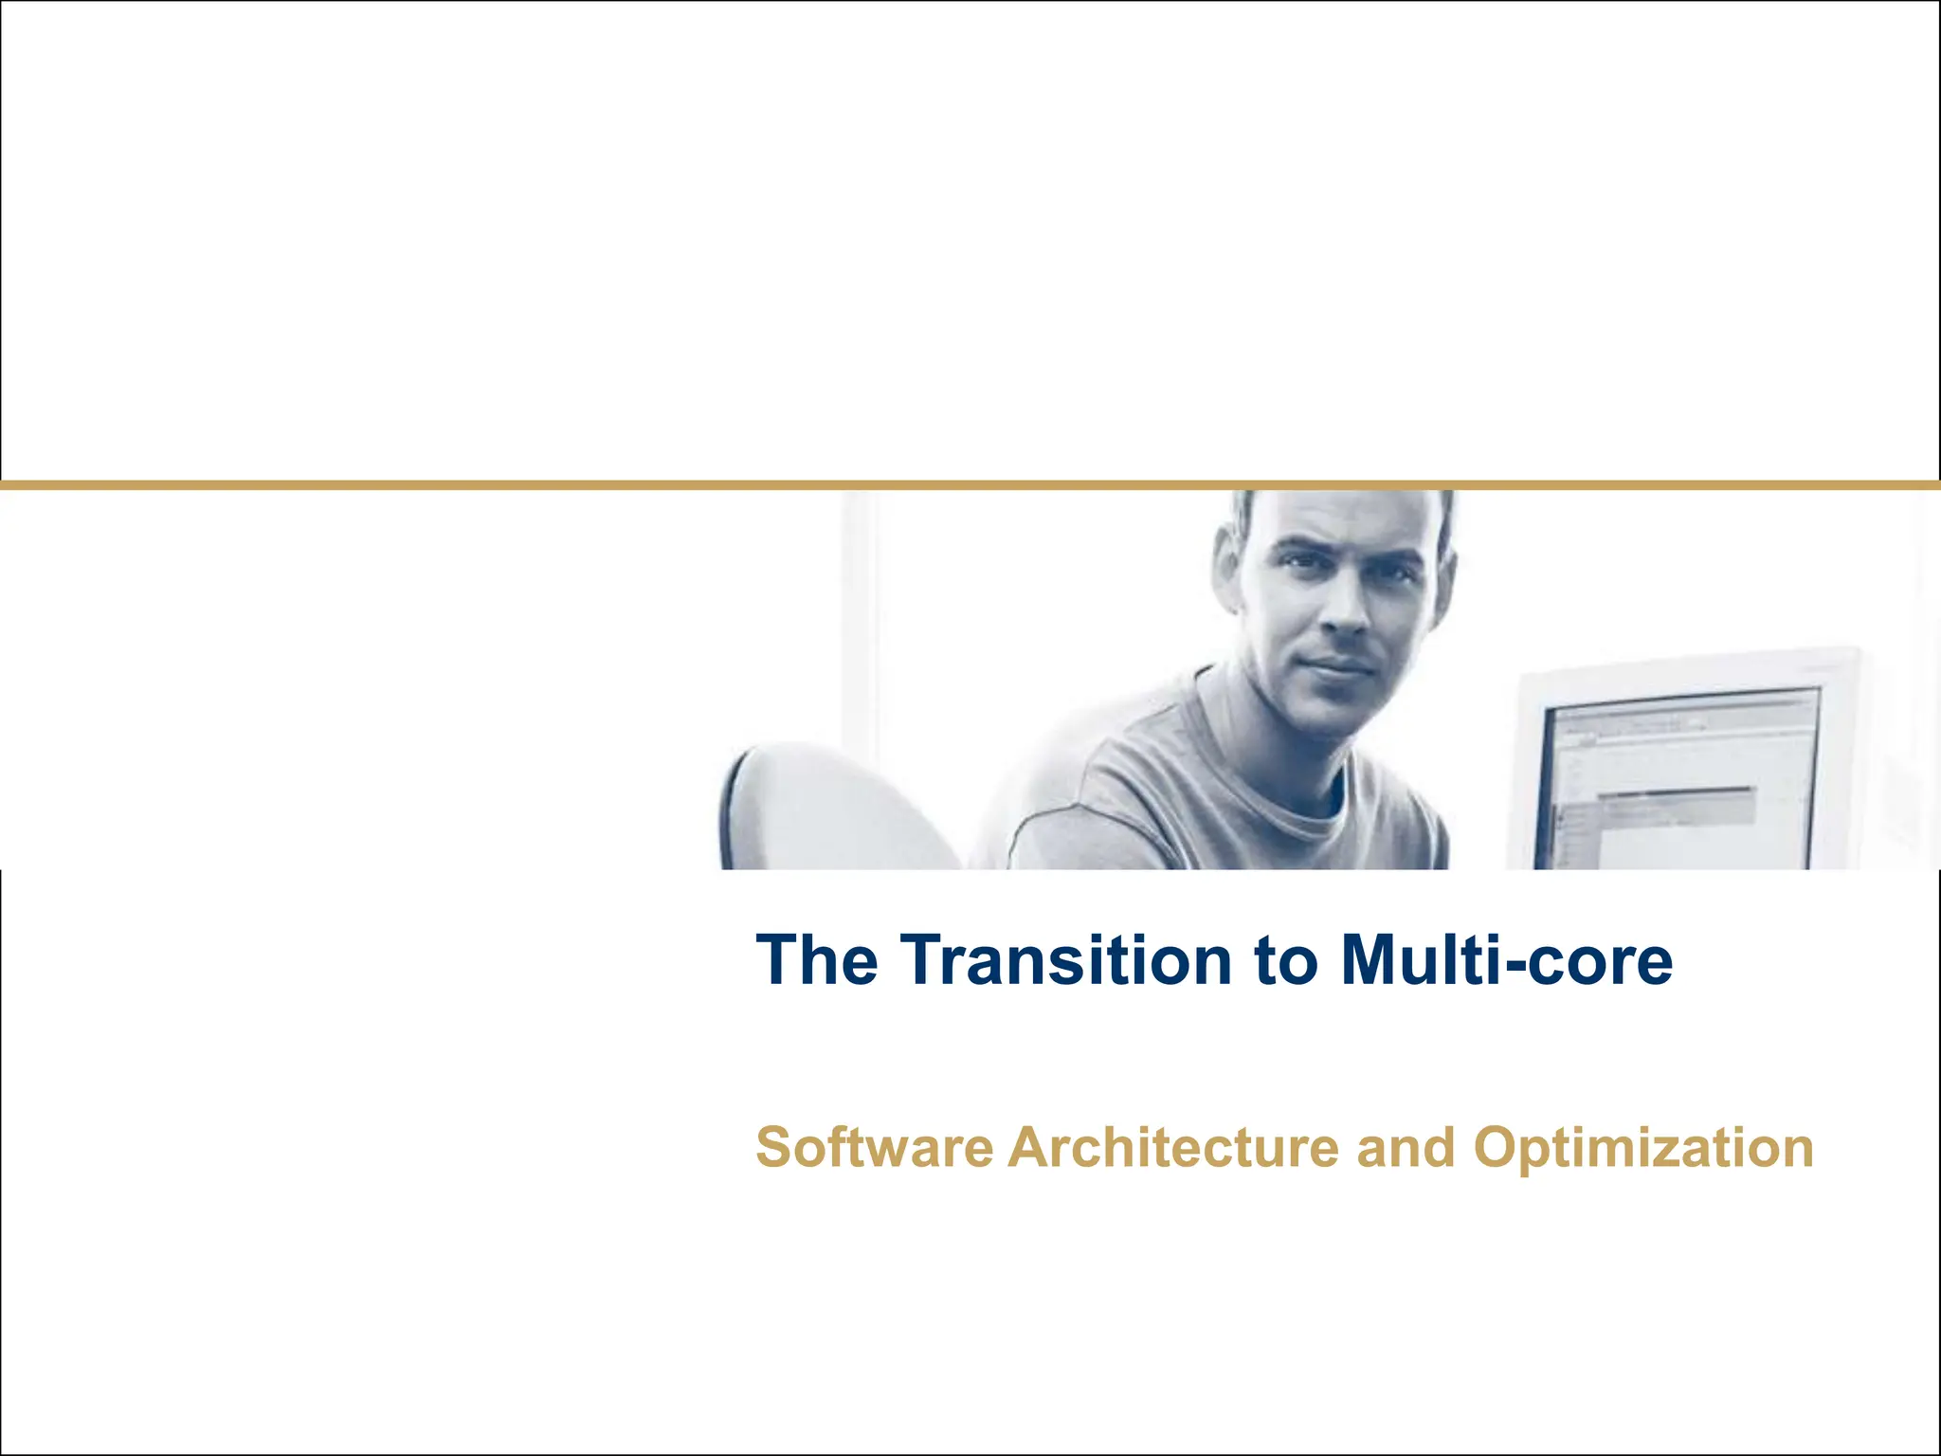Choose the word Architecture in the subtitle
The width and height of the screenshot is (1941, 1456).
1172,1147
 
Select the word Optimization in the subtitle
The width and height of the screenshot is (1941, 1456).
1643,1149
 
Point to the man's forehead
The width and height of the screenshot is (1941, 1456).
1346,517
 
